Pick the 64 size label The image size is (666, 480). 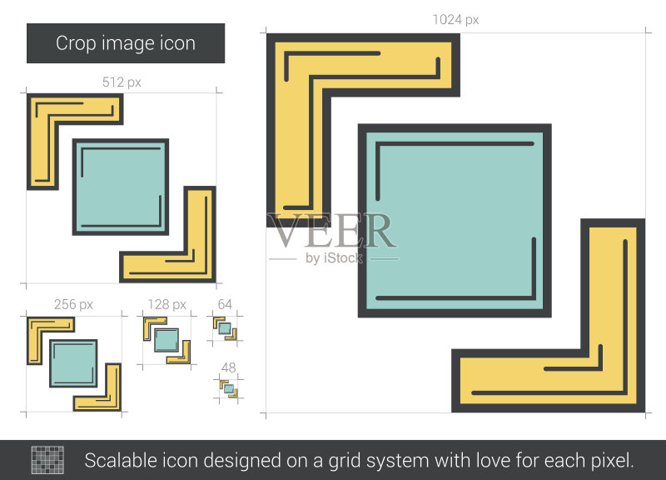225,304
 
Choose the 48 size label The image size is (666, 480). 228,367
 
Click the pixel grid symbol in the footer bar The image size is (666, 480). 47,460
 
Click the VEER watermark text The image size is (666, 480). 332,231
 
